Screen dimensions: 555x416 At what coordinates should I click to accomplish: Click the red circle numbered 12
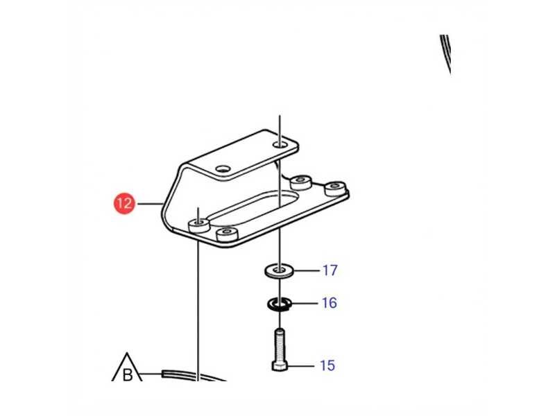[124, 203]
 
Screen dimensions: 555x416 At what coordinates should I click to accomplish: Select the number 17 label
[330, 270]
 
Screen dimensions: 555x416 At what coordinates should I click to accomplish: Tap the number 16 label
[329, 303]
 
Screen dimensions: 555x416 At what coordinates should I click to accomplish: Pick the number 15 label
[327, 365]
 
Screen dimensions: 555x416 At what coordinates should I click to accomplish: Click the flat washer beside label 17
[279, 271]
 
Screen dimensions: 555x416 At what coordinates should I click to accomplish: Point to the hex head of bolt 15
[280, 366]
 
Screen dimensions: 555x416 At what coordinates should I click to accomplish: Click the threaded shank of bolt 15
[280, 345]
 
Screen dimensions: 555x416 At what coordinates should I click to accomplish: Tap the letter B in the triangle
[128, 374]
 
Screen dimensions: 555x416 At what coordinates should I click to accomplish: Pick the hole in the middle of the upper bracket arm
[223, 169]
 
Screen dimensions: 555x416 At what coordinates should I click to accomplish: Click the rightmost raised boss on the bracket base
[335, 189]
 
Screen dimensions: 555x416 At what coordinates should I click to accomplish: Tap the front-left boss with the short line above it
[199, 225]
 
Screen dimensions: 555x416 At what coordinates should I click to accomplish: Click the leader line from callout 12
[150, 204]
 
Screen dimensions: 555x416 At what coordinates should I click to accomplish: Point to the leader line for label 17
[306, 271]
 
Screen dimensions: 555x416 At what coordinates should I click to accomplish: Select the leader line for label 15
[301, 366]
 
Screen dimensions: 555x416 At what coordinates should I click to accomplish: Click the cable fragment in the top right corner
[445, 54]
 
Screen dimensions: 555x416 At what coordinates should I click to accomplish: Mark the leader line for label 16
[305, 303]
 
